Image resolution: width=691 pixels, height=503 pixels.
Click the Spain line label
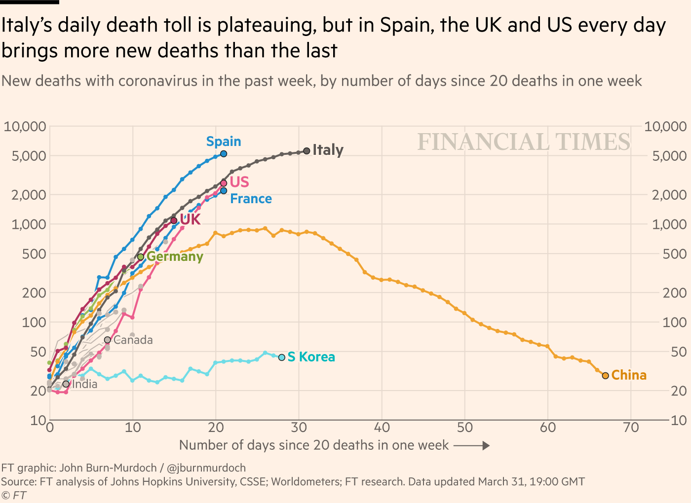(x=224, y=142)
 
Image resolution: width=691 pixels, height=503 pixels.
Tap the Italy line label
(x=328, y=150)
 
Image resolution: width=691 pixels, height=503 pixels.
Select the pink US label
(x=239, y=182)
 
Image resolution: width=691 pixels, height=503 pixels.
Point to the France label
(x=251, y=199)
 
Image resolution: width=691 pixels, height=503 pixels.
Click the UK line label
(x=190, y=219)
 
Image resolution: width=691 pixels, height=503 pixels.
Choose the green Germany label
(x=175, y=256)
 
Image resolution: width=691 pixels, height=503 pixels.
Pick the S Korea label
(x=311, y=357)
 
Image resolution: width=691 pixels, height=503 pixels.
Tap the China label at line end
(x=629, y=375)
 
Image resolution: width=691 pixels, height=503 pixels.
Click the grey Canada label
(x=133, y=340)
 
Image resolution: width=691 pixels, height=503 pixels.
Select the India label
(x=85, y=384)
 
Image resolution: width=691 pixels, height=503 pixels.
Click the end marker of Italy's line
(x=307, y=151)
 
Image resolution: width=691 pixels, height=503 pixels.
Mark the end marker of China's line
(x=606, y=376)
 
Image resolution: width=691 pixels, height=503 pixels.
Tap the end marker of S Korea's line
(x=282, y=358)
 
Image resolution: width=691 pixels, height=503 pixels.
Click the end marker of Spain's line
(x=224, y=154)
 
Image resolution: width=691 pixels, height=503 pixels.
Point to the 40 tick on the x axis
(x=382, y=428)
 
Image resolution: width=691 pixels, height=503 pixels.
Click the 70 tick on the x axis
(x=631, y=428)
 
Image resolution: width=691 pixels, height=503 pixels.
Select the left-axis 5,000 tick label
(x=25, y=156)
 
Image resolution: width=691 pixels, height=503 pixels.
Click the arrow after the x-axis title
(x=471, y=446)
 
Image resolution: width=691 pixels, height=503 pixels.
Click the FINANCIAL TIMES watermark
(x=524, y=142)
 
